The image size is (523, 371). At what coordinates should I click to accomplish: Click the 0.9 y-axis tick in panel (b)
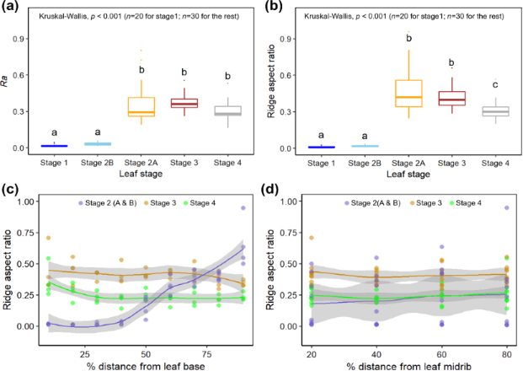tap(286, 39)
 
